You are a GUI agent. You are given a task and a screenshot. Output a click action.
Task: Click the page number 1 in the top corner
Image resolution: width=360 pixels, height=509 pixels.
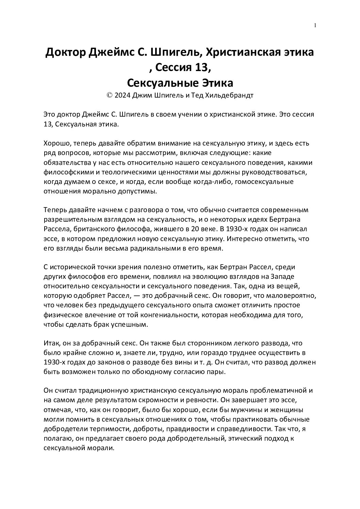pyautogui.click(x=315, y=25)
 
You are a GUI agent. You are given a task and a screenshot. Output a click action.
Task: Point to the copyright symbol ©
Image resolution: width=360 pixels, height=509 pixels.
pyautogui.click(x=110, y=96)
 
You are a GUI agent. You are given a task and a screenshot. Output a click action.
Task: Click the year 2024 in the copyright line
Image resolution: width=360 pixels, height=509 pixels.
pyautogui.click(x=122, y=96)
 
